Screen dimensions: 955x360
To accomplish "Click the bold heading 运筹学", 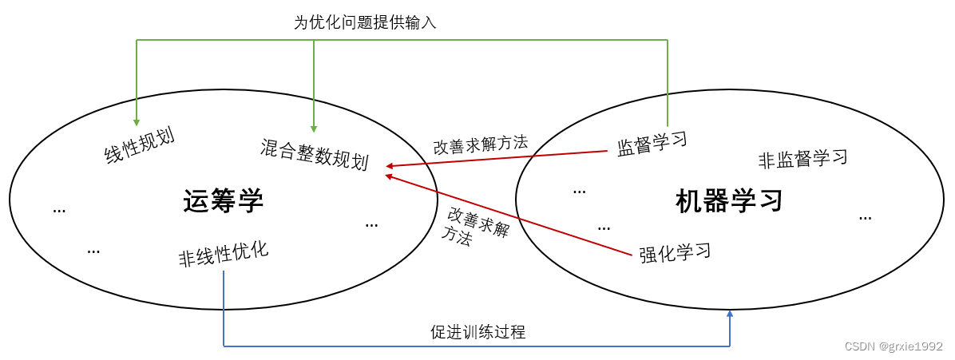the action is [223, 201].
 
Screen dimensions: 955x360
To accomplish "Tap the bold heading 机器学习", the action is [728, 200].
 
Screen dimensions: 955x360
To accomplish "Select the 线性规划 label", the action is [140, 144].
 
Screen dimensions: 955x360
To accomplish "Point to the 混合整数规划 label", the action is [314, 154].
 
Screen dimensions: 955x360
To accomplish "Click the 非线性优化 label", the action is [223, 255].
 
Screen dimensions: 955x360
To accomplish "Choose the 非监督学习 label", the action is [802, 158].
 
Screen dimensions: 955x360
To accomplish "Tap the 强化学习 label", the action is [675, 253].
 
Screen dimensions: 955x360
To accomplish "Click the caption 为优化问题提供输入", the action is [365, 22].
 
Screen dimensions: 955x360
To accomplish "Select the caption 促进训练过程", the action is [477, 332].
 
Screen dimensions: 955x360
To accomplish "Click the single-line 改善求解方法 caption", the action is [481, 144].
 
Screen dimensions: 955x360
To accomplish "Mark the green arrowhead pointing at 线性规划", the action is [137, 121].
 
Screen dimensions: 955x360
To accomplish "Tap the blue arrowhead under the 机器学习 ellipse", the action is [729, 315].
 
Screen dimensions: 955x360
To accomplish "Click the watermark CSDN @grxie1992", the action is [894, 347].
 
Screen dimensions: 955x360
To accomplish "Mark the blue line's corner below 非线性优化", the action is [224, 346].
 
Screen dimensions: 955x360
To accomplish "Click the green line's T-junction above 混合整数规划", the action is [314, 40].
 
